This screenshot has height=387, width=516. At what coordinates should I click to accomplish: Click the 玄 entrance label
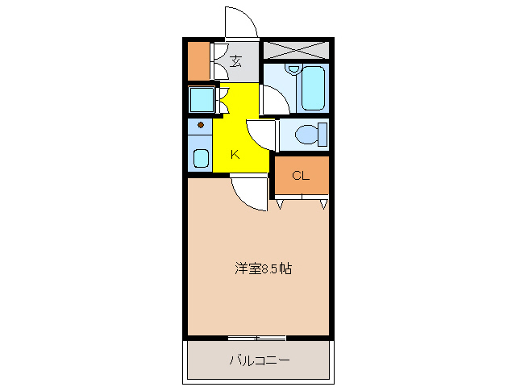(236, 61)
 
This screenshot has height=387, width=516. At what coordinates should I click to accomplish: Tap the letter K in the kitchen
(235, 155)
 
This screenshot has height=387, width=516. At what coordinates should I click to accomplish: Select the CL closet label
(300, 176)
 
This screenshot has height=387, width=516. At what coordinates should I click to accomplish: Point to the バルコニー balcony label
(259, 360)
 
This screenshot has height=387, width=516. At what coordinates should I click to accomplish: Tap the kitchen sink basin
(201, 157)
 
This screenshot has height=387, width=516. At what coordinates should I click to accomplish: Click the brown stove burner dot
(201, 126)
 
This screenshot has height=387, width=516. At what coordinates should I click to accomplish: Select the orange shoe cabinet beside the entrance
(198, 60)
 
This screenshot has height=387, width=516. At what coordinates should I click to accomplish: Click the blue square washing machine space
(200, 100)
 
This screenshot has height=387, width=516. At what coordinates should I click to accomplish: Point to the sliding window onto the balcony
(256, 336)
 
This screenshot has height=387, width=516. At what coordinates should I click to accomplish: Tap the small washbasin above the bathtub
(293, 70)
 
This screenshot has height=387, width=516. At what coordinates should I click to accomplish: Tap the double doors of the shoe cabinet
(217, 60)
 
